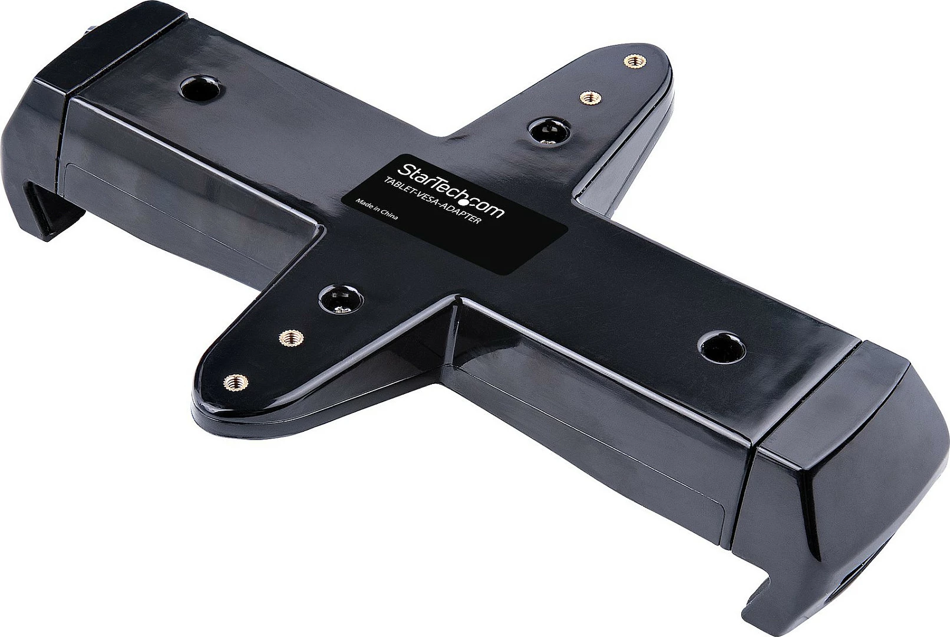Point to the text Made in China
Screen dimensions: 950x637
pyautogui.click(x=376, y=208)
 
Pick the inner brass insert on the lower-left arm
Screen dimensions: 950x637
pyautogui.click(x=291, y=338)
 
